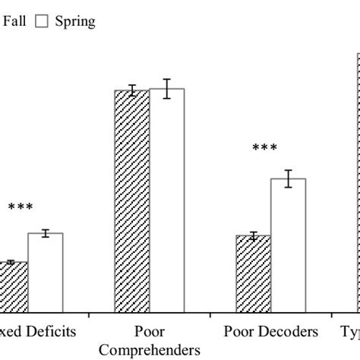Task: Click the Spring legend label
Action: point(75,21)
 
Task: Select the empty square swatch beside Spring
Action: point(42,22)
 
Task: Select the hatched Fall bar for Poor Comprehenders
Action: point(131,201)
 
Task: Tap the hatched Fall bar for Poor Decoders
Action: point(253,273)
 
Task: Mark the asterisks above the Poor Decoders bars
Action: point(265,149)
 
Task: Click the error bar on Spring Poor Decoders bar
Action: point(288,179)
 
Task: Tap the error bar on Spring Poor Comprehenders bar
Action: point(167,89)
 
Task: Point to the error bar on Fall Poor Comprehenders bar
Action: point(131,90)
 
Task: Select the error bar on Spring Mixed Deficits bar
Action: point(46,233)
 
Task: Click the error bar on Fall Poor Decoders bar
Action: point(253,236)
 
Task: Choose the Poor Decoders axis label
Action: point(271,332)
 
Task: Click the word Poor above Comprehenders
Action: point(150,332)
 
